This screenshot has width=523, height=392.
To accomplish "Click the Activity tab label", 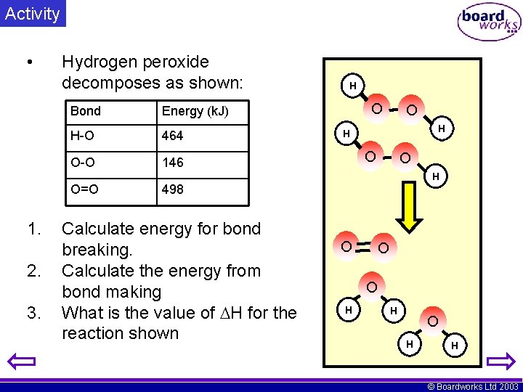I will (32, 14).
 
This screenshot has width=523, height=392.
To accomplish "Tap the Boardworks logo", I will (489, 23).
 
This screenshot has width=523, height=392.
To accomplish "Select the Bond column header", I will (86, 111).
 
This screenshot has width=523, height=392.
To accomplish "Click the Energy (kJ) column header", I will (195, 111).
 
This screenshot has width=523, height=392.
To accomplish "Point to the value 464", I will (173, 136).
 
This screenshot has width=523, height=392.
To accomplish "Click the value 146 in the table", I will (173, 162).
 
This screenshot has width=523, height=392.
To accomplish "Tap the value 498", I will (173, 189).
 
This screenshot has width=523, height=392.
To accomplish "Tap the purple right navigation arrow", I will (500, 361).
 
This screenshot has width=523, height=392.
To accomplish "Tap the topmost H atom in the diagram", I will (353, 86).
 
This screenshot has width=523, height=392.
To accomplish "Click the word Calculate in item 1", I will (98, 229).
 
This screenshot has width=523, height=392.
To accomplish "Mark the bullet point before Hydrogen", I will (28, 63).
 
